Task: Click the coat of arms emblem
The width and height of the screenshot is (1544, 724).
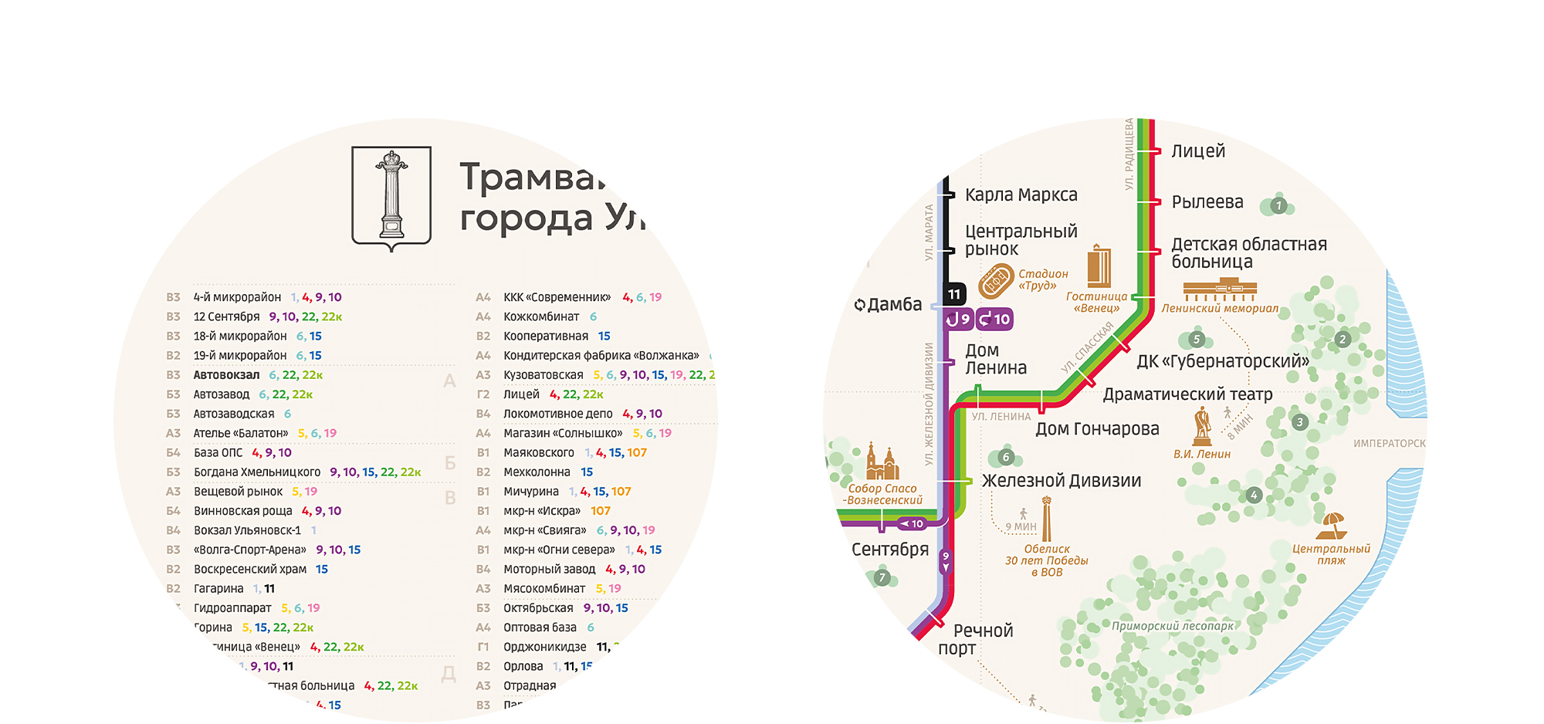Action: (x=391, y=198)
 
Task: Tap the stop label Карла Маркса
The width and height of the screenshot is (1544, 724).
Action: (x=1021, y=195)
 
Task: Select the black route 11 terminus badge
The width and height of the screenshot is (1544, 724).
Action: (x=954, y=293)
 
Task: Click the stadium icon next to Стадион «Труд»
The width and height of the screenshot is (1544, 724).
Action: (x=996, y=281)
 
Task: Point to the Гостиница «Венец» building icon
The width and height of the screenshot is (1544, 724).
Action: (x=1099, y=267)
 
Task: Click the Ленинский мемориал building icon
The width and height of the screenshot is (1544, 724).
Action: (x=1220, y=292)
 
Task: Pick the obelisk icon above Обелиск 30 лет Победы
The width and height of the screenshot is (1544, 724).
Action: (x=1047, y=519)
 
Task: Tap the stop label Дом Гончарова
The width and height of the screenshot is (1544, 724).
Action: (x=1097, y=429)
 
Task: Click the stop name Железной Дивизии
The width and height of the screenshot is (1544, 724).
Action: (x=1061, y=481)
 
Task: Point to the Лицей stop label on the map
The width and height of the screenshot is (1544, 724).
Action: (x=1198, y=151)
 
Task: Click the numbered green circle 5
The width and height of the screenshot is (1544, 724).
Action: (x=1196, y=339)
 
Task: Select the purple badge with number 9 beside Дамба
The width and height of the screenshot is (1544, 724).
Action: (x=958, y=319)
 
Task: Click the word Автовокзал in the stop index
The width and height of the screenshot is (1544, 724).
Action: (x=226, y=375)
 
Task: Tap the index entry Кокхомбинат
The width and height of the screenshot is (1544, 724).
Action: (x=541, y=316)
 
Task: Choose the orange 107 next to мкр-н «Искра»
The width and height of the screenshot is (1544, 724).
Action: (x=601, y=511)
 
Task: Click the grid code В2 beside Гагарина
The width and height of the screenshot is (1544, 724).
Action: (x=174, y=589)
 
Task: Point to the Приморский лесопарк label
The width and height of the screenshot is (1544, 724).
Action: (x=1172, y=626)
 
